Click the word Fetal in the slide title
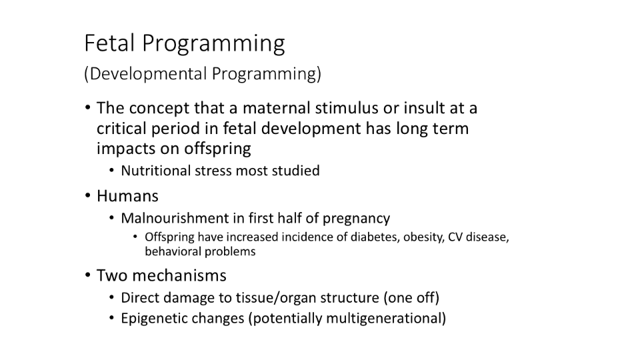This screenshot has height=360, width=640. [x=109, y=43]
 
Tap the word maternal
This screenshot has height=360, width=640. [x=277, y=108]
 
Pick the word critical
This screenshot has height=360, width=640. [x=121, y=129]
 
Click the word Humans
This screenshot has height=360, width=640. [x=127, y=196]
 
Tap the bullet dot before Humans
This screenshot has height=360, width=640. [x=88, y=196]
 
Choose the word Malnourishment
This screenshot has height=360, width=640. [x=175, y=219]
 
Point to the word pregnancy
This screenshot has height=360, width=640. [x=356, y=219]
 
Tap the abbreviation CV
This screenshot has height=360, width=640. [x=455, y=237]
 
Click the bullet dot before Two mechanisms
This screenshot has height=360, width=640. [x=88, y=275]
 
